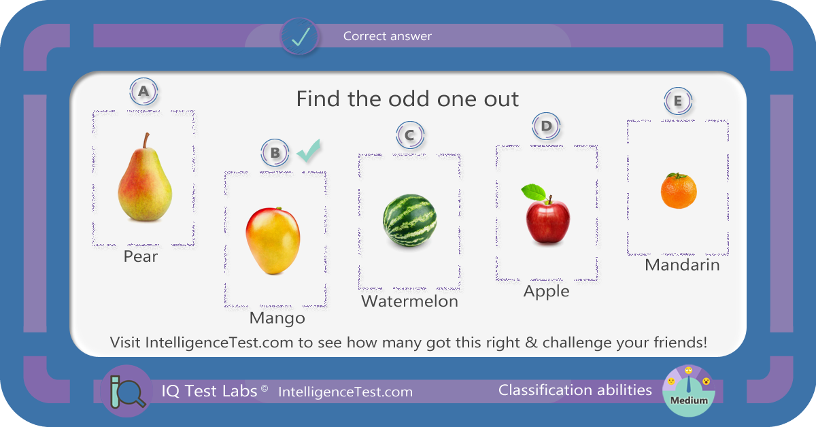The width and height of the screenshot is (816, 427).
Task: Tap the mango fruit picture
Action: click(x=273, y=241)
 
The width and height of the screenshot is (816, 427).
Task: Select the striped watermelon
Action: click(x=409, y=220)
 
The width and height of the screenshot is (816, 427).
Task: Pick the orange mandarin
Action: click(x=679, y=191)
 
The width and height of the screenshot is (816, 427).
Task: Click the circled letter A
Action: click(x=143, y=91)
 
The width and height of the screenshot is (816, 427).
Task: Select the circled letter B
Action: click(x=275, y=153)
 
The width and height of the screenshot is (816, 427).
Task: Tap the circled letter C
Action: click(x=410, y=135)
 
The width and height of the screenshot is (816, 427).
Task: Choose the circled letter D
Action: click(x=546, y=126)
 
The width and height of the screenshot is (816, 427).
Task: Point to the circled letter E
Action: click(x=677, y=101)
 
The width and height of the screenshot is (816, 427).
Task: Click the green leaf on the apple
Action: click(x=534, y=192)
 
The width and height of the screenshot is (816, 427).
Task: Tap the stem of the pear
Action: click(x=146, y=140)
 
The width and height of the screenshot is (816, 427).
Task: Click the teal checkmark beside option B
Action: click(x=309, y=150)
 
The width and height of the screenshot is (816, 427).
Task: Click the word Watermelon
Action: click(x=409, y=301)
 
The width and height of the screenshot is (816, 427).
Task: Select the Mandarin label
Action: click(x=682, y=265)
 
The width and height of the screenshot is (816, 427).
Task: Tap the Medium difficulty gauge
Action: click(x=688, y=391)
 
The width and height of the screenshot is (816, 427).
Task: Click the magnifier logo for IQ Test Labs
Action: click(x=126, y=391)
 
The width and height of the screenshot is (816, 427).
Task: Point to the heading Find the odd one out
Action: click(x=407, y=99)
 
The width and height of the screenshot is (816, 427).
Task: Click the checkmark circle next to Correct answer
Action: click(x=299, y=37)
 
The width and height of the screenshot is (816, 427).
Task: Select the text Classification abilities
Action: click(x=575, y=390)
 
